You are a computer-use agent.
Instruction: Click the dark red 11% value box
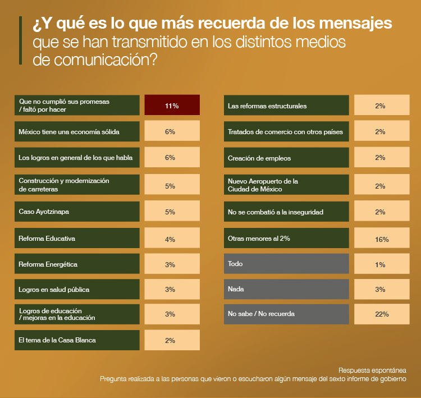[172, 106]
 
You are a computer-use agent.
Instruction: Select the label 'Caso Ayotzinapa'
[77, 212]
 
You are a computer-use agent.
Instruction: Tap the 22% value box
[382, 314]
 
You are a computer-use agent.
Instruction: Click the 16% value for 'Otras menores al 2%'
[382, 239]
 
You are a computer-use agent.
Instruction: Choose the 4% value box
[172, 239]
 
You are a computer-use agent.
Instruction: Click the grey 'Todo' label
[286, 263]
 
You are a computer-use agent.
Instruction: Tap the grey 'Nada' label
[286, 289]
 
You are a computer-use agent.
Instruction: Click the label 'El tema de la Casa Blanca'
[77, 340]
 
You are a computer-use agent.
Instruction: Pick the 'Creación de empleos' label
[286, 158]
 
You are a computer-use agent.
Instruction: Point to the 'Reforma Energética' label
[77, 264]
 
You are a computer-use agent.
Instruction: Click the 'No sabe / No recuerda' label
[286, 314]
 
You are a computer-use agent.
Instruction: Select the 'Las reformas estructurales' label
[286, 106]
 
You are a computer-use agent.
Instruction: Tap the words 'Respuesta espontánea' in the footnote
[372, 370]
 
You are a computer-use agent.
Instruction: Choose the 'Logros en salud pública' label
[77, 290]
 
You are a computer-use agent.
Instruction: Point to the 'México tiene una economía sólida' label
[77, 132]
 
